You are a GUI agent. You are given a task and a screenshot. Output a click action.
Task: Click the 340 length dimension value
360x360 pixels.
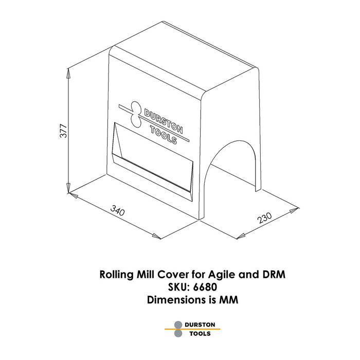pyautogui.click(x=118, y=211)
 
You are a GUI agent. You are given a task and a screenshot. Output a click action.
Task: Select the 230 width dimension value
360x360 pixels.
pyautogui.click(x=264, y=218)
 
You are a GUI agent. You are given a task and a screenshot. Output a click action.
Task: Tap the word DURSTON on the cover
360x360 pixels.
pyautogui.click(x=164, y=121)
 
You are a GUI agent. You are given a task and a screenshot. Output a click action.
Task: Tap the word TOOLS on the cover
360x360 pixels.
pyautogui.click(x=163, y=135)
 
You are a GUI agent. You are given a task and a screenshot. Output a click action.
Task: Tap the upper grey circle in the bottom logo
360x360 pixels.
pyautogui.click(x=178, y=325)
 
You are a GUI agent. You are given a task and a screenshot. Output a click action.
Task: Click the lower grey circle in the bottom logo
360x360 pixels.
pyautogui.click(x=178, y=333)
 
